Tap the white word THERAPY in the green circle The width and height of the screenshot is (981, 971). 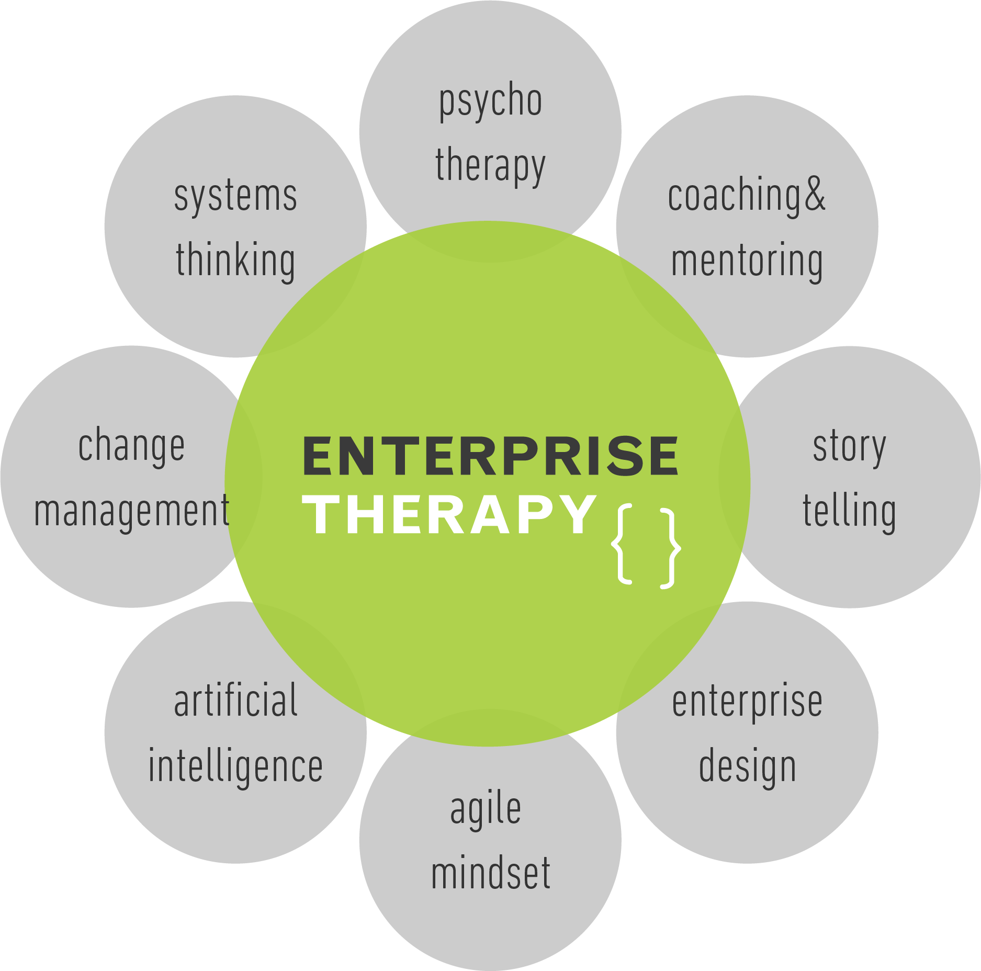(453, 515)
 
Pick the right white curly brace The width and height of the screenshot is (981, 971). (670, 548)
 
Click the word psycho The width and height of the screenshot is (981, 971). (490, 102)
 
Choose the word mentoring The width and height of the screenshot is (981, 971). (747, 261)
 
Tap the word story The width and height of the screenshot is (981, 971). (850, 447)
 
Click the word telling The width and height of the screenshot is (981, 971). (850, 511)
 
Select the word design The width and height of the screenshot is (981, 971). (747, 767)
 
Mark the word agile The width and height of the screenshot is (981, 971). (486, 809)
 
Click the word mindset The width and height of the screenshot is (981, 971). (491, 873)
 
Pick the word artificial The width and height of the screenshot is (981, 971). (236, 701)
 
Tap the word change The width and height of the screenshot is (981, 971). (131, 447)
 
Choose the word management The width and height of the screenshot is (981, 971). (131, 511)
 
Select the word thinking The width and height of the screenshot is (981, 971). (236, 261)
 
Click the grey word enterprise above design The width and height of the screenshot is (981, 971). (747, 703)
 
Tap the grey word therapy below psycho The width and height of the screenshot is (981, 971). (490, 166)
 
